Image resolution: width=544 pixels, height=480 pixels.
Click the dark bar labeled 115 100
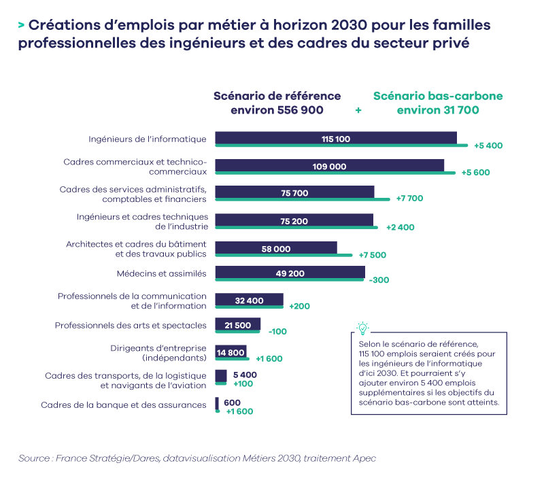coord(336,139)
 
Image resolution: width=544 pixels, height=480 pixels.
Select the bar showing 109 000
coord(330,166)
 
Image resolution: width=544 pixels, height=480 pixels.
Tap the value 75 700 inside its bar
coord(294,193)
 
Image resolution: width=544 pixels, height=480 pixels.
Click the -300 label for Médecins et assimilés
coord(378,279)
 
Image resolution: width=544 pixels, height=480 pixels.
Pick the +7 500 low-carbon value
coord(373,255)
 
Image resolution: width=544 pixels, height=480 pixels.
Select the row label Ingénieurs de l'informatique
coord(147,139)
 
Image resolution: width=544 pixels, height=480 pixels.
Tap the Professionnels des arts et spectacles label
coord(131,326)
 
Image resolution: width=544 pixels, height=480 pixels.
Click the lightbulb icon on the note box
coord(363,328)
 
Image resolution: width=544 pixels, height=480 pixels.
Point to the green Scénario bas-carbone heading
coord(438,103)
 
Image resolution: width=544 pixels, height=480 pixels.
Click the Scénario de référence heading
coord(277,103)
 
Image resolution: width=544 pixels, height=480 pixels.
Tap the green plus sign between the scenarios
coord(358,110)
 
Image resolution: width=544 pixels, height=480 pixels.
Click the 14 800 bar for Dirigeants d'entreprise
coord(231,352)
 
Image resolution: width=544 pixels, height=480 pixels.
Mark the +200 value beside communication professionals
coord(299,306)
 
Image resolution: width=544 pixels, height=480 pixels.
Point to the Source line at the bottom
coord(197,458)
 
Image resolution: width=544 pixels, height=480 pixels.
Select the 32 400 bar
coord(249,300)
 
